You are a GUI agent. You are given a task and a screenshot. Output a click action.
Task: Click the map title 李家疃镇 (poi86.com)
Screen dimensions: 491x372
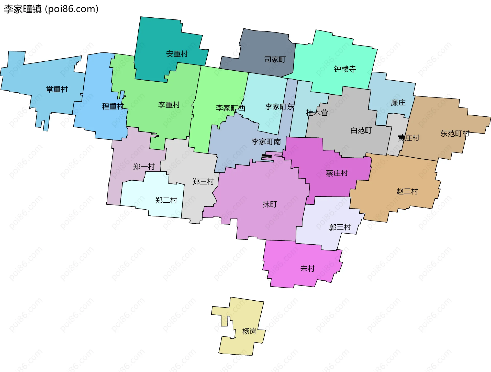[x=51, y=9]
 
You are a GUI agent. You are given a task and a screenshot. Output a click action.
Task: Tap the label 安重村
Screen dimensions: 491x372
[x=177, y=54]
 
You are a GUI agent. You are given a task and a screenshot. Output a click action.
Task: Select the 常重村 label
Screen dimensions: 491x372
[x=57, y=89]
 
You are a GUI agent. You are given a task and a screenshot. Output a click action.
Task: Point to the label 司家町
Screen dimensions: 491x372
[x=275, y=60]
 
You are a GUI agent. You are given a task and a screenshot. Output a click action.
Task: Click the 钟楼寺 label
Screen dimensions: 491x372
[x=345, y=69]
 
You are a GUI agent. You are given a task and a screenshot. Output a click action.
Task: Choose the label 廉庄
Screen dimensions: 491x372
[x=398, y=103]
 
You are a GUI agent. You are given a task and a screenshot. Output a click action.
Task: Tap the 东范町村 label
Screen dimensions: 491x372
[x=455, y=134]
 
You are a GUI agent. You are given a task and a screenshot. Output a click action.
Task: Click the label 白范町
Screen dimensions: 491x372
[x=361, y=130]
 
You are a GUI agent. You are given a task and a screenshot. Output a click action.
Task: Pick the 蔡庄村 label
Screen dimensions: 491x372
[x=337, y=173]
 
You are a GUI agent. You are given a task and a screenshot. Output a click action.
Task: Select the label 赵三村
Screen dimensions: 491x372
[x=407, y=191]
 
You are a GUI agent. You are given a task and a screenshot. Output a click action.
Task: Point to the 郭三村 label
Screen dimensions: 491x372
[x=340, y=227]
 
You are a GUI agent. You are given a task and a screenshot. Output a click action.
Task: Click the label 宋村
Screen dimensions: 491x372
[x=307, y=269]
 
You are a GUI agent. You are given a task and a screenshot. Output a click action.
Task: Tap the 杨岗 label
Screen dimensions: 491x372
[x=249, y=331]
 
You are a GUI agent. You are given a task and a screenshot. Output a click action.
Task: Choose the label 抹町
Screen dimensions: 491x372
[x=270, y=204]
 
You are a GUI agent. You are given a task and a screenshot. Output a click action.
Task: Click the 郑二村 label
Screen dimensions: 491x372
[x=166, y=200]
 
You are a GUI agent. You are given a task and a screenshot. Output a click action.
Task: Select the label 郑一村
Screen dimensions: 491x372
[x=144, y=167]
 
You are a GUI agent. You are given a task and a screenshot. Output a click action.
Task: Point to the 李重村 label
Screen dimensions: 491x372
[x=169, y=105]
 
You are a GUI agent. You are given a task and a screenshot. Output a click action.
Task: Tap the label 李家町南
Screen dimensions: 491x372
[x=266, y=142]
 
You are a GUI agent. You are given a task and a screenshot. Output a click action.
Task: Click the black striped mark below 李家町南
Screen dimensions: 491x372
[x=266, y=156]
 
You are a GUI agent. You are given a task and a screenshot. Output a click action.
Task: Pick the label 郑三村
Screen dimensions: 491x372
[x=203, y=182]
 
